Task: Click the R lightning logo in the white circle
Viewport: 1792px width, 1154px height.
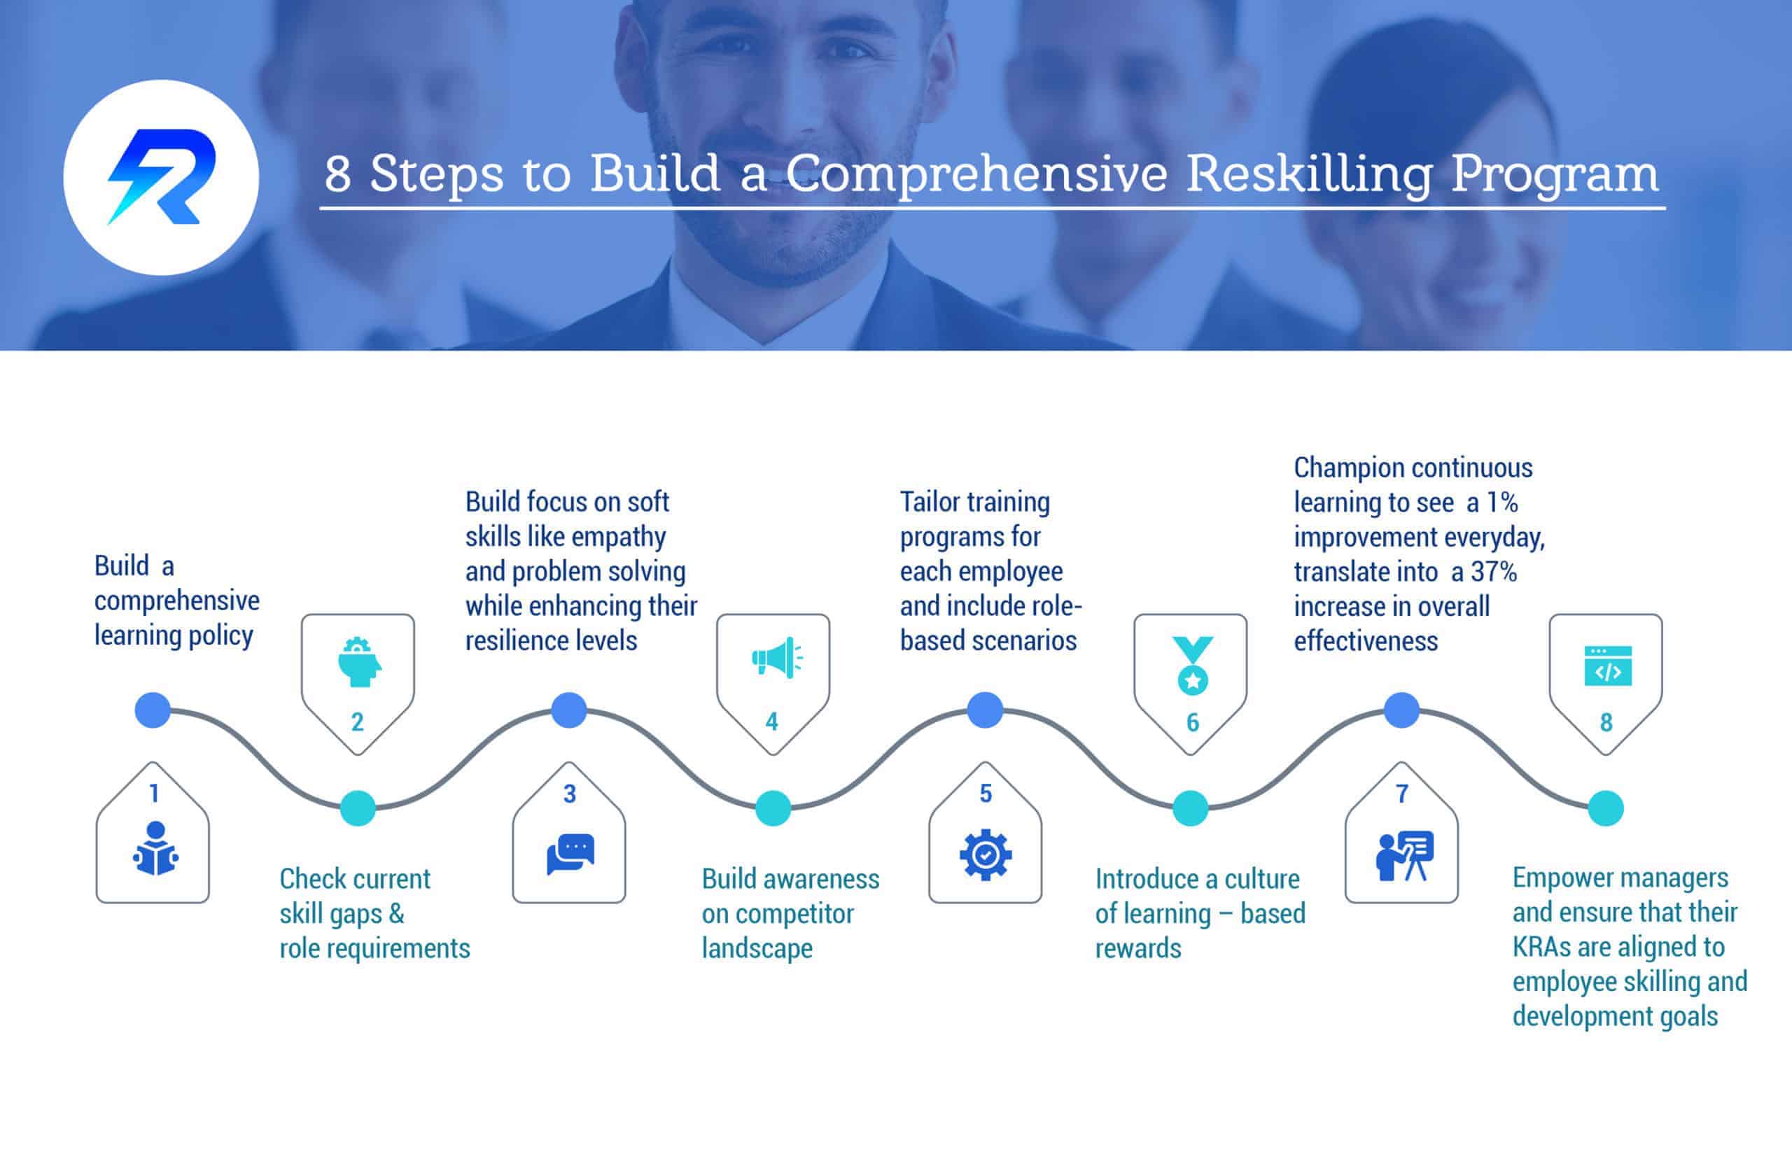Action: [162, 178]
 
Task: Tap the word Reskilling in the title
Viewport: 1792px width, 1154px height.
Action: [1309, 174]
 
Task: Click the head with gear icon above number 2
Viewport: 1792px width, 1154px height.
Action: [358, 661]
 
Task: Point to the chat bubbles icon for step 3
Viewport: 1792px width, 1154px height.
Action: [570, 854]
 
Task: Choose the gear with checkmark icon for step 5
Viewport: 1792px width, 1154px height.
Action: [986, 854]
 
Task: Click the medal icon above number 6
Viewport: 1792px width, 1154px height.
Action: [1192, 665]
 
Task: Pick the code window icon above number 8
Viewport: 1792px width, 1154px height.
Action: [1608, 666]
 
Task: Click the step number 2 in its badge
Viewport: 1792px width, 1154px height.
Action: [358, 722]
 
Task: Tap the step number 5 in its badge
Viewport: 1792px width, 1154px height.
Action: [986, 794]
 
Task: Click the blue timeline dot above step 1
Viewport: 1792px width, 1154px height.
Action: [153, 710]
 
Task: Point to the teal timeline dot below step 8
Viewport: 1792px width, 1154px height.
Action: [1605, 808]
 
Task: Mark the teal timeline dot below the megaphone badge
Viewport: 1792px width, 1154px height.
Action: [773, 808]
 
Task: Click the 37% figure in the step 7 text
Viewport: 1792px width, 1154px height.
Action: [1493, 572]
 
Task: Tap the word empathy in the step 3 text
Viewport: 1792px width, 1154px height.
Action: [617, 537]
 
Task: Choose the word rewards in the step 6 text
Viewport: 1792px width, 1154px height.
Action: [1137, 949]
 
